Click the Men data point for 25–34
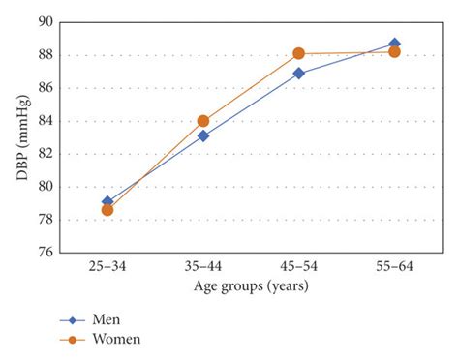pyautogui.click(x=107, y=202)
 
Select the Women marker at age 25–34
pyautogui.click(x=107, y=209)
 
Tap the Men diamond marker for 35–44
pyautogui.click(x=203, y=135)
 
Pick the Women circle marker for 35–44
pyautogui.click(x=203, y=121)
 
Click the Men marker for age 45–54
pyautogui.click(x=299, y=73)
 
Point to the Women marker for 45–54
pyautogui.click(x=299, y=53)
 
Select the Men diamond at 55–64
pyautogui.click(x=394, y=44)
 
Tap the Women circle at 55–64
pyautogui.click(x=394, y=51)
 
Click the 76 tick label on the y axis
pyautogui.click(x=44, y=253)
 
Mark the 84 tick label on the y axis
pyautogui.click(x=44, y=121)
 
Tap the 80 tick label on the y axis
pyautogui.click(x=44, y=187)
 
